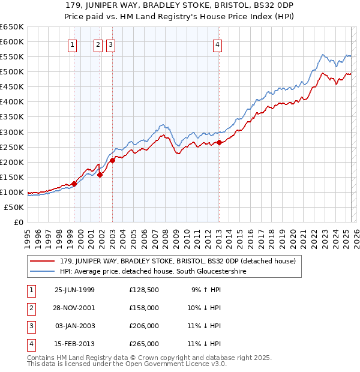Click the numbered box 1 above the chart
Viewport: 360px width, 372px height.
73,44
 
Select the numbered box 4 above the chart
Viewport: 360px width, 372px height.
217,44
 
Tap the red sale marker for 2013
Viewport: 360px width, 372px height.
220,142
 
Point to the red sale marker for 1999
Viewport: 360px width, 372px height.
74,184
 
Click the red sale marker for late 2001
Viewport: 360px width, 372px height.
100,175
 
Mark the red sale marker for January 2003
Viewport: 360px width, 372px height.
112,160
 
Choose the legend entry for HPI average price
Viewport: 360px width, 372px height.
154,272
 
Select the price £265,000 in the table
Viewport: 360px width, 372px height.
144,344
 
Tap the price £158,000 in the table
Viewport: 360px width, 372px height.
144,308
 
